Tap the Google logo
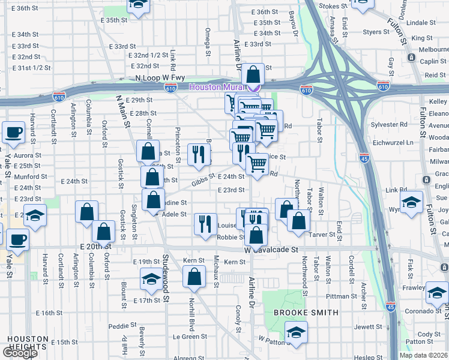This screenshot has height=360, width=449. click(19, 353)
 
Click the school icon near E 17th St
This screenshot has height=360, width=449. click(151, 278)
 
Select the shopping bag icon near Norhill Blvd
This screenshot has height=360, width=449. click(194, 277)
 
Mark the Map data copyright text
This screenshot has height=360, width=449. click(423, 355)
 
